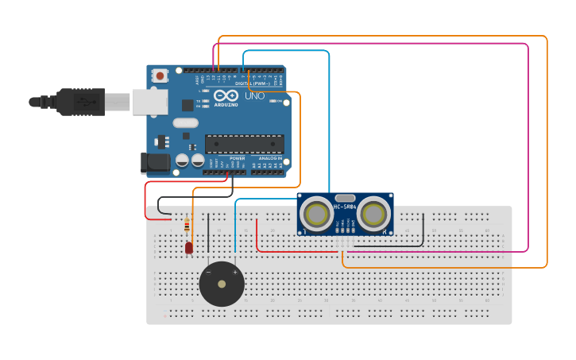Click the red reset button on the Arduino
(160, 76)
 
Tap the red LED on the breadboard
(188, 247)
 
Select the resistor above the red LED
(187, 226)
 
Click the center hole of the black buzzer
(222, 284)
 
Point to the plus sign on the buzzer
(234, 273)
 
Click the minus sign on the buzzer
(209, 273)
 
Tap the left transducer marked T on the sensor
(317, 214)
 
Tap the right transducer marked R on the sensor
(373, 214)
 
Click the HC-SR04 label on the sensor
(345, 207)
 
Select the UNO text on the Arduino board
(254, 96)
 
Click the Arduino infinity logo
(226, 95)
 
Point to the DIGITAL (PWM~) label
(253, 83)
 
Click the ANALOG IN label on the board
(269, 158)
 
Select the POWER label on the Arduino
(238, 158)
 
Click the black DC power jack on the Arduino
(156, 163)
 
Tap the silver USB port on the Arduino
(149, 102)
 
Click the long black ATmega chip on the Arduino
(244, 144)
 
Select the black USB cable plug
(79, 102)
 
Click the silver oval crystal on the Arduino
(185, 122)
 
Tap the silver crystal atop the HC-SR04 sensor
(345, 197)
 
